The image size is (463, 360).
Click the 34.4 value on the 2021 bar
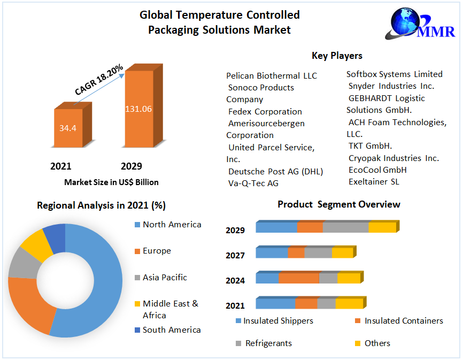point(67,128)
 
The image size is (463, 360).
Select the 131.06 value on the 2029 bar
point(138,109)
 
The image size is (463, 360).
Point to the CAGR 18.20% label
point(99,80)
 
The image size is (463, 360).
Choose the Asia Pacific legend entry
point(165,278)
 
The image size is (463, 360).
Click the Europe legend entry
point(157,251)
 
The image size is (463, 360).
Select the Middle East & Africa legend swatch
point(137,304)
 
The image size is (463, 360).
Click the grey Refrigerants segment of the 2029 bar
point(345,227)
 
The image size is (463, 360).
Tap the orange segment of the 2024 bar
point(299,278)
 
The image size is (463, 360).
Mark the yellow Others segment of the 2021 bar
point(349,303)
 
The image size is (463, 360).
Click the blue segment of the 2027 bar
point(272,252)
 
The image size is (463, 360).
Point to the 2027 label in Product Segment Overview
point(235,256)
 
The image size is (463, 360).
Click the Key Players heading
point(337,56)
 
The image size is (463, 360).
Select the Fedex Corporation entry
point(265,111)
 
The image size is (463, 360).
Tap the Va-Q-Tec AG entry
point(253,183)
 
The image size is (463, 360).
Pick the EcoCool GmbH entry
point(377,170)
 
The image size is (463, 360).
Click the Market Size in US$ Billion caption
point(111,182)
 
